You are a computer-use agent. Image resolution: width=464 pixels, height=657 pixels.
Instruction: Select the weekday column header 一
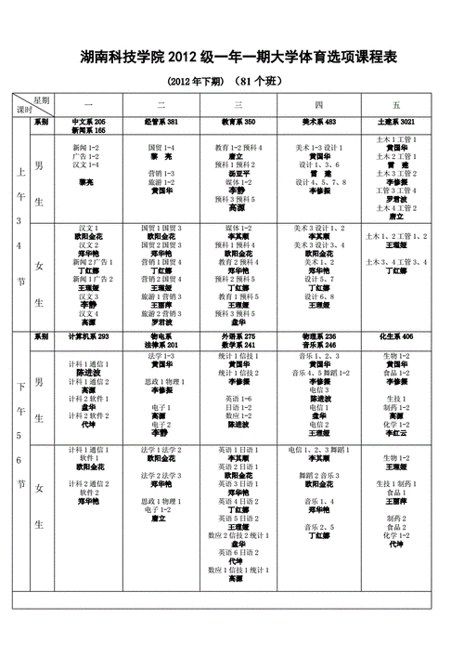88,105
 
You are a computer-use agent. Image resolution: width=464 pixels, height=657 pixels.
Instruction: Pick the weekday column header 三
238,105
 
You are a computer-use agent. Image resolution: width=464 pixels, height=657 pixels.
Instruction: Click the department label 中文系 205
88,122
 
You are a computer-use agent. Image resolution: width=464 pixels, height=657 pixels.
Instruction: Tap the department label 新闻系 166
88,131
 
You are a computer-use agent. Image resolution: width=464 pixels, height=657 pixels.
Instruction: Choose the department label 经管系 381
162,122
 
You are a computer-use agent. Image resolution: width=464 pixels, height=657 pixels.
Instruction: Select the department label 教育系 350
238,122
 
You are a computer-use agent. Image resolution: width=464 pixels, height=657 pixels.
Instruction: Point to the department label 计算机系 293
88,335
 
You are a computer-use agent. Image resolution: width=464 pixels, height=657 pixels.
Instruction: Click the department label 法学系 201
162,344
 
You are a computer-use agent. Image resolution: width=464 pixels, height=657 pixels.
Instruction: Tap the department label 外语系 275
238,335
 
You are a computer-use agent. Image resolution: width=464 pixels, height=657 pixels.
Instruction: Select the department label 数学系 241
238,344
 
